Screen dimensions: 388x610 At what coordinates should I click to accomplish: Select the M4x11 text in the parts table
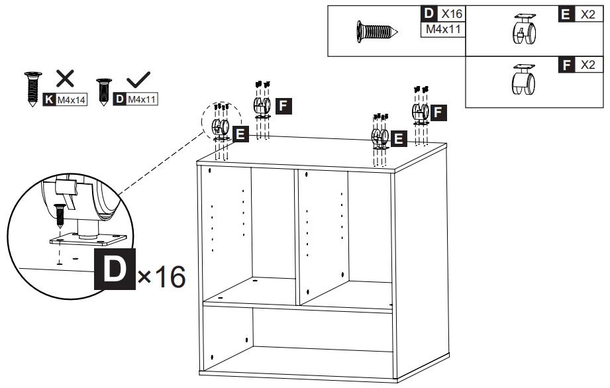click(x=442, y=29)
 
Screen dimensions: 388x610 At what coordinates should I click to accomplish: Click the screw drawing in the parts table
click(x=376, y=31)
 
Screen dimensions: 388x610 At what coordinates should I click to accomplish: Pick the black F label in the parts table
click(x=566, y=65)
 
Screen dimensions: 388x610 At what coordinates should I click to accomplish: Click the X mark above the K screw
click(x=64, y=79)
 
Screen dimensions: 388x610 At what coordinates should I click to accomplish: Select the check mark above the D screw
click(x=138, y=80)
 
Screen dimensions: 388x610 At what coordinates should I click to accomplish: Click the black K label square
click(x=49, y=100)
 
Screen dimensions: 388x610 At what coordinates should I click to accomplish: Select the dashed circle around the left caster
click(x=219, y=121)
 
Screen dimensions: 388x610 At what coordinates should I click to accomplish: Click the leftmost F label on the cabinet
click(x=283, y=105)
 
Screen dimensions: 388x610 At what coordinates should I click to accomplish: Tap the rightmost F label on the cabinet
click(x=438, y=113)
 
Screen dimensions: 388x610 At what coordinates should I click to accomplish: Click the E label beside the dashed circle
click(x=240, y=134)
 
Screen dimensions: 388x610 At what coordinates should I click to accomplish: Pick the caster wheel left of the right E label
click(x=379, y=137)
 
